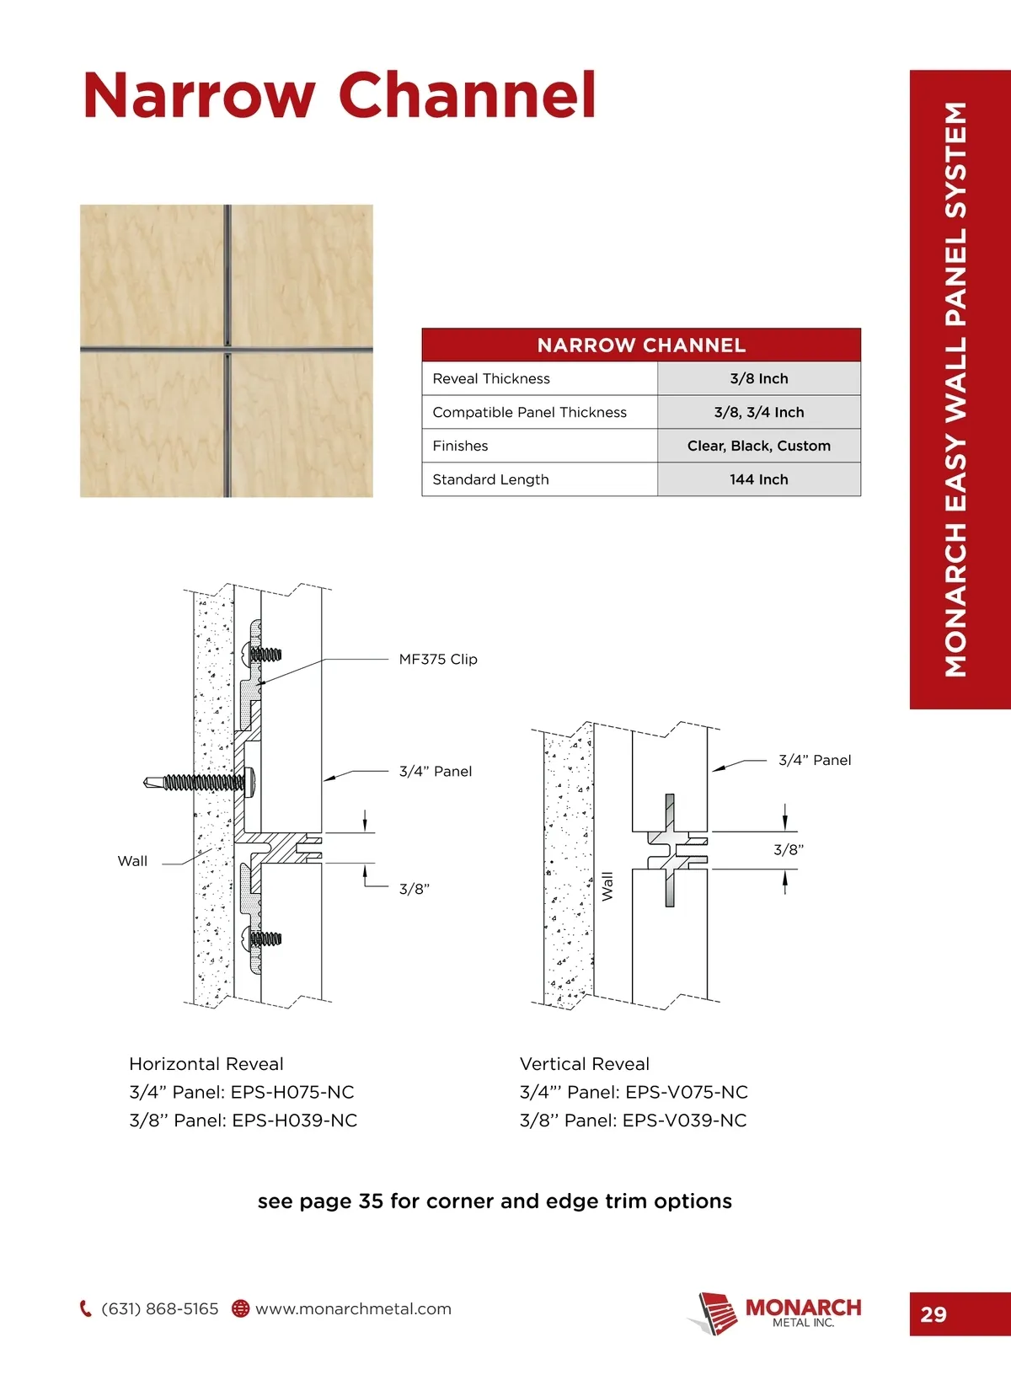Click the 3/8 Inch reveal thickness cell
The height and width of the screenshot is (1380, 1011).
pyautogui.click(x=758, y=379)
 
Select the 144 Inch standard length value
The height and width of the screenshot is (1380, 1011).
pyautogui.click(x=758, y=479)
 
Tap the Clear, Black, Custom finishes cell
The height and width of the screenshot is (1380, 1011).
pyautogui.click(x=758, y=446)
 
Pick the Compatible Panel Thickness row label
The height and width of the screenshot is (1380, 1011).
pyautogui.click(x=529, y=413)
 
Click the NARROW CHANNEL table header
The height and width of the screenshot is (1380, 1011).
pyautogui.click(x=641, y=345)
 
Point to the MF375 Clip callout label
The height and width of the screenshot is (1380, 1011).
pyautogui.click(x=438, y=660)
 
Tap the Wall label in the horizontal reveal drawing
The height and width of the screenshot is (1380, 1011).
pyautogui.click(x=132, y=861)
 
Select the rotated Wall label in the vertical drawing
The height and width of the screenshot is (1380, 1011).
pyautogui.click(x=607, y=886)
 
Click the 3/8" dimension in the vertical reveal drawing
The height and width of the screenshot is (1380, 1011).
pyautogui.click(x=789, y=850)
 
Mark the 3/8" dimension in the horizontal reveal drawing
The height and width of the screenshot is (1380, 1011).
pyautogui.click(x=414, y=889)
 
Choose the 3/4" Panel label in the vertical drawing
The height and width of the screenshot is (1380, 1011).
pyautogui.click(x=815, y=760)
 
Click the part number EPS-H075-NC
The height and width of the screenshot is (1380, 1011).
pyautogui.click(x=292, y=1093)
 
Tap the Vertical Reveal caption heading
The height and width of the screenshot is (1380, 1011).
pyautogui.click(x=585, y=1064)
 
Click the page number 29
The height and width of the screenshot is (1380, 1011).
pyautogui.click(x=933, y=1314)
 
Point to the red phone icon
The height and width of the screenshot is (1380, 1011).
pyautogui.click(x=85, y=1308)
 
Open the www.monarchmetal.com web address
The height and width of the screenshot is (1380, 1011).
pyautogui.click(x=353, y=1309)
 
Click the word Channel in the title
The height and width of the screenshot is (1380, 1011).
pyautogui.click(x=468, y=95)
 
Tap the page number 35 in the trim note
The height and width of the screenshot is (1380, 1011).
pyautogui.click(x=371, y=1201)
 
